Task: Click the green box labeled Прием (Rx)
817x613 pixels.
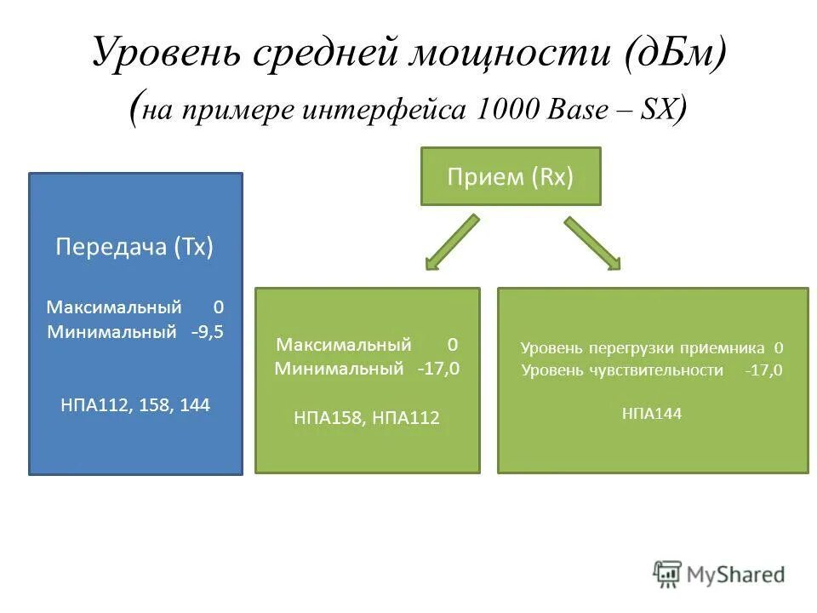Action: coord(511,176)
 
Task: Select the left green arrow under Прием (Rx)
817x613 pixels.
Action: coord(451,243)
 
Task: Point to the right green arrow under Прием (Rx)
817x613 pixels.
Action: coord(592,243)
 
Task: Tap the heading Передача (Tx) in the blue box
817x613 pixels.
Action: coord(134,247)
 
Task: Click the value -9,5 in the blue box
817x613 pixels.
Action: coord(207,331)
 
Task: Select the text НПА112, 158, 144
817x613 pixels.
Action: coord(135,405)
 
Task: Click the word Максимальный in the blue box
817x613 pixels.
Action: coord(114,306)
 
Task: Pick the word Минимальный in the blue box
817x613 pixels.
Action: coord(112,331)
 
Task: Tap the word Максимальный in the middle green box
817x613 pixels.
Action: coord(344,344)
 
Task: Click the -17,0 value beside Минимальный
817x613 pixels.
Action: coord(437,369)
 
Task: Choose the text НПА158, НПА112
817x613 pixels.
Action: coord(367,417)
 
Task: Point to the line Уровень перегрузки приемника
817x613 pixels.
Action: coord(643,347)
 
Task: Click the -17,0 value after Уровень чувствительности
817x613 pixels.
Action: coord(763,370)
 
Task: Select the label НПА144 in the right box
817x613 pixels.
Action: coord(652,414)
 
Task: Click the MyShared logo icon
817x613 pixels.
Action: coord(667,574)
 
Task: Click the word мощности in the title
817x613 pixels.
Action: coord(514,54)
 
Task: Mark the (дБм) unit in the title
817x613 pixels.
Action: coord(673,54)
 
